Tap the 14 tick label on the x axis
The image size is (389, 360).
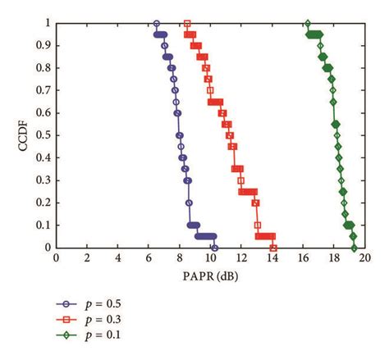pos(272,257)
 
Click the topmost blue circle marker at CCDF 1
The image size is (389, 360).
pos(157,24)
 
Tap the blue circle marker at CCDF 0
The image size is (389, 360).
pos(213,247)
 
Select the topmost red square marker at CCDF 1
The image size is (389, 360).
pos(187,24)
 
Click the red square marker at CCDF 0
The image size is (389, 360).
pos(273,247)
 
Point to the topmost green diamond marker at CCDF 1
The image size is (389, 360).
pos(308,24)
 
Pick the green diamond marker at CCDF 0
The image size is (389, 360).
pos(354,247)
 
